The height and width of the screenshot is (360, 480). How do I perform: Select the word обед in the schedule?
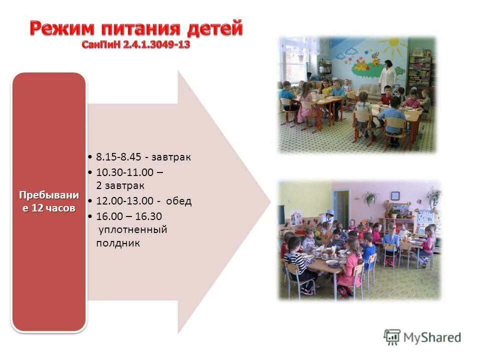pyautogui.click(x=179, y=201)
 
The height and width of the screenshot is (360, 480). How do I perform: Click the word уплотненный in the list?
pyautogui.click(x=131, y=230)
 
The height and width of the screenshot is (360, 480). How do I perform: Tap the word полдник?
pyautogui.click(x=117, y=243)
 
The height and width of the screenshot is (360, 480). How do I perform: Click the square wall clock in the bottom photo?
pyautogui.click(x=395, y=195)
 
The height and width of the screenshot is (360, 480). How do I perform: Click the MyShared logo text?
pyautogui.click(x=432, y=337)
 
